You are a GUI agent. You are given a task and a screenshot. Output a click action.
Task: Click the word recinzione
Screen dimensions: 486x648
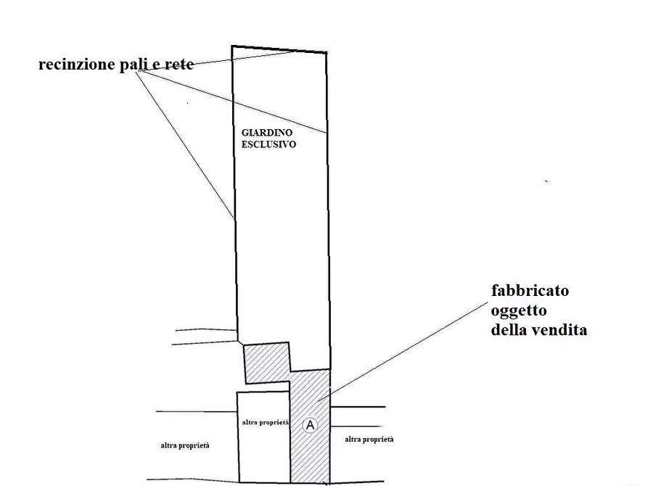(73, 65)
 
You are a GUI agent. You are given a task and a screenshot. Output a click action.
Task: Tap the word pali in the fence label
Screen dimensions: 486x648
(127, 65)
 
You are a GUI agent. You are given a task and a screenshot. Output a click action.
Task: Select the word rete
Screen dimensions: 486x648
(179, 65)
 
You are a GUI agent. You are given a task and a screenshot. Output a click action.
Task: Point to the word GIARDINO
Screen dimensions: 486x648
(265, 134)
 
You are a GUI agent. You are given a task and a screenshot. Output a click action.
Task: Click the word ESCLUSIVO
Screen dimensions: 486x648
(268, 145)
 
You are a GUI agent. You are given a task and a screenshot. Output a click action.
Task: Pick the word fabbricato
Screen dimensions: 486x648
(530, 291)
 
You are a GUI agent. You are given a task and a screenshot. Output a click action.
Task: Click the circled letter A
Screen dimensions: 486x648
(310, 425)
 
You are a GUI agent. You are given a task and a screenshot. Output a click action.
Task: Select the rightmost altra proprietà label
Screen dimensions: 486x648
(369, 440)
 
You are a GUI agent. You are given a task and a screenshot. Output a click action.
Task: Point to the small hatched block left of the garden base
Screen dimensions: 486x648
(266, 363)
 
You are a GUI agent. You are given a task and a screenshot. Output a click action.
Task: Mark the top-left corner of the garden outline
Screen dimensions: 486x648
(232, 46)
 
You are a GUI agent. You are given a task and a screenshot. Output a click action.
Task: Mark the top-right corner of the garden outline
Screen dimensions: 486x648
(325, 53)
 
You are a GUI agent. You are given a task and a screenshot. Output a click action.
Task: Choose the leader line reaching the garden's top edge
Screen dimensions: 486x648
(247, 58)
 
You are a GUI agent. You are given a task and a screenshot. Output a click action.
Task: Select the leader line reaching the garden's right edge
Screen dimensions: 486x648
(239, 103)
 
